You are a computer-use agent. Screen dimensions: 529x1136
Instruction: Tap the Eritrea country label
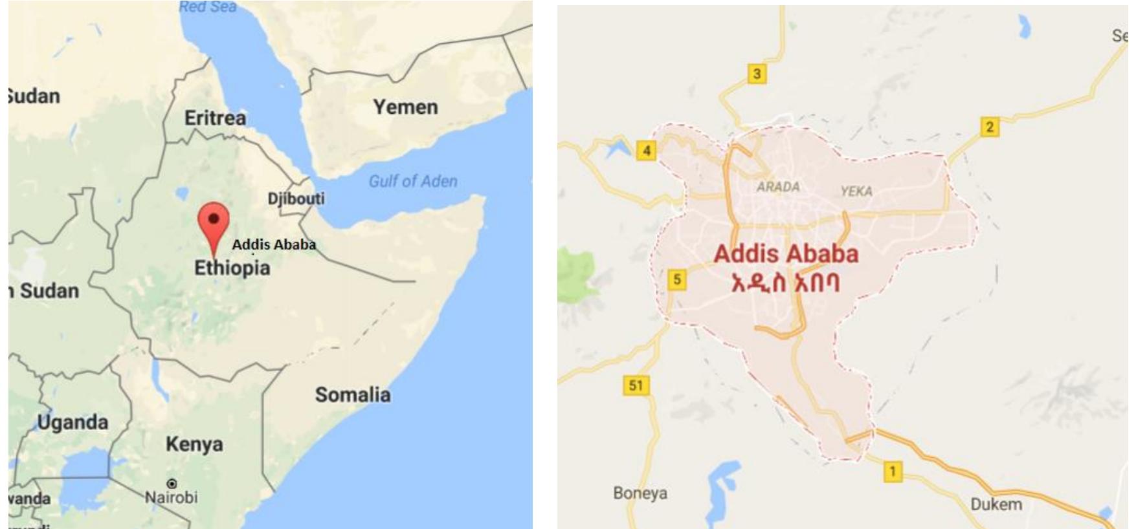point(215,118)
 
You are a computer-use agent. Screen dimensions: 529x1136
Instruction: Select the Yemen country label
point(405,107)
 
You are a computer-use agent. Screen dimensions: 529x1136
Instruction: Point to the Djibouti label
point(296,199)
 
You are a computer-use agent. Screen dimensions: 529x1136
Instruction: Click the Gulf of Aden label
point(412,181)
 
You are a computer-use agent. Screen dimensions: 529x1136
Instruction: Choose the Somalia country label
point(353,394)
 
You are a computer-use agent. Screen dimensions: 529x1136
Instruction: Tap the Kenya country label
point(194,444)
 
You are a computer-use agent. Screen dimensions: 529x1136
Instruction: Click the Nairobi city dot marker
point(172,484)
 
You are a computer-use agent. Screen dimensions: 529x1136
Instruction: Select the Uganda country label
point(72,422)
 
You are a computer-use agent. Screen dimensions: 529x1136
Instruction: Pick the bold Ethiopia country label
point(232,268)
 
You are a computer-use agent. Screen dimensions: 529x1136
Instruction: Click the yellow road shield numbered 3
point(757,74)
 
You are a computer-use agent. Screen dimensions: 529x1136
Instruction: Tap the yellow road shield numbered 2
point(989,127)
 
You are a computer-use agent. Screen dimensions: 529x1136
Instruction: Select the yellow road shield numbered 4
point(646,151)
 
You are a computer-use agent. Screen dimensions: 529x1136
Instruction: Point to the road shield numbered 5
point(677,280)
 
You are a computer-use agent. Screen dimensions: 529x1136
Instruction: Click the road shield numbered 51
point(636,386)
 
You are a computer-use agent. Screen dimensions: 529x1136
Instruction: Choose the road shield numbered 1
point(893,471)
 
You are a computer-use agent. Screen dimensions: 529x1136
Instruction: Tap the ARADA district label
point(778,187)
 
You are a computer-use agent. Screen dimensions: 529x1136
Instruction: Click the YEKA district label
point(856,191)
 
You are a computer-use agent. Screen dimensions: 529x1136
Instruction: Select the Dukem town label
point(996,504)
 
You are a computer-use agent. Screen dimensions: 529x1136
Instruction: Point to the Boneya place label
point(640,493)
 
